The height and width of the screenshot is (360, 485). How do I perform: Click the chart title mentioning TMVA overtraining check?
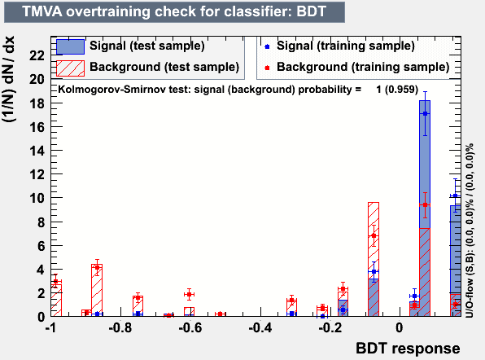click(174, 11)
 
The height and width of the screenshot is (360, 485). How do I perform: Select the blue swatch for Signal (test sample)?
click(71, 46)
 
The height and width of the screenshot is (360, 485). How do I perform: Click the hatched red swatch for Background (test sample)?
click(71, 68)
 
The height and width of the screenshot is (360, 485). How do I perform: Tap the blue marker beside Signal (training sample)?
click(267, 46)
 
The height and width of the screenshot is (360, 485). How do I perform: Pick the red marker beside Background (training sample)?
click(267, 68)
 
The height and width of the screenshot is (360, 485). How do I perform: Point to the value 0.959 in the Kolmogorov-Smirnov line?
click(401, 90)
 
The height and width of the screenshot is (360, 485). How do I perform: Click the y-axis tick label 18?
click(37, 103)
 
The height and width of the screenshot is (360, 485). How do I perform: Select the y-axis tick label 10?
click(37, 198)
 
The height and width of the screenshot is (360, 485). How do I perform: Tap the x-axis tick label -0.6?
click(190, 327)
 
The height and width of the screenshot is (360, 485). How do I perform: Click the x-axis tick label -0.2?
click(330, 327)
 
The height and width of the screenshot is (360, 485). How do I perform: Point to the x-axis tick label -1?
click(51, 327)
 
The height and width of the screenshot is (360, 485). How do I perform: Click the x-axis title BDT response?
click(408, 349)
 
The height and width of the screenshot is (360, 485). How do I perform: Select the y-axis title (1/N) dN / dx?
click(9, 79)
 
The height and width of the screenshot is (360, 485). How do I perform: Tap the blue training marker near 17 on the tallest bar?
click(426, 114)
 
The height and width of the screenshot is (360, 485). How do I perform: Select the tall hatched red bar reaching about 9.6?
click(374, 259)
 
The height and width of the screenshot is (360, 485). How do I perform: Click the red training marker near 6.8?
click(374, 236)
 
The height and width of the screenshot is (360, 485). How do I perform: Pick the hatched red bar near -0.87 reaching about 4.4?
click(97, 290)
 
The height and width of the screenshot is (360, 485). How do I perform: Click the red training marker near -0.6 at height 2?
click(190, 294)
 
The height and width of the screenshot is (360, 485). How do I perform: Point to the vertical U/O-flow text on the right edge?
click(470, 230)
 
